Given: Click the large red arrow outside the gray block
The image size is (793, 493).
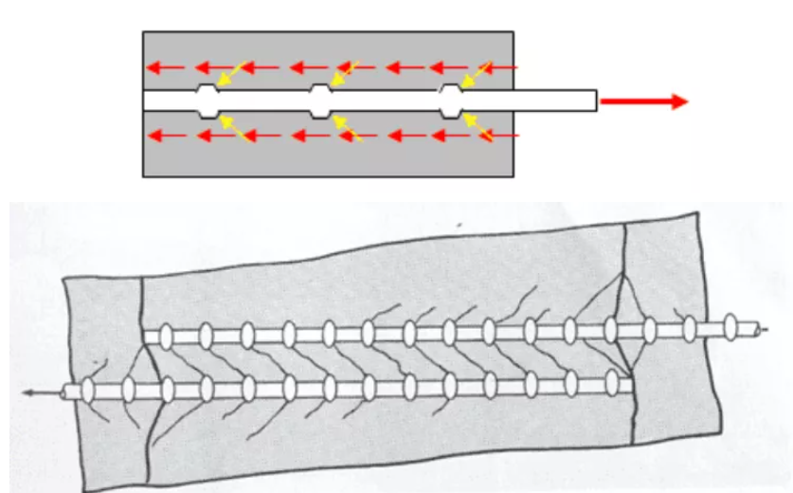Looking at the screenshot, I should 644,100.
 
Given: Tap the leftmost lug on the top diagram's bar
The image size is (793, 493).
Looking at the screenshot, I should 207,100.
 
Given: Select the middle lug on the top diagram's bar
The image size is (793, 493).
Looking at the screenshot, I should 321,100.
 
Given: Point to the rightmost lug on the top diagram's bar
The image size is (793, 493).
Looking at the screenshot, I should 452,100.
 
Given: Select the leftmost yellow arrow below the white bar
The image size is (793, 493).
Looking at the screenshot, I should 232,127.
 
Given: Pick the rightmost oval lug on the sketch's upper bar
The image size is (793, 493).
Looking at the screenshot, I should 731,328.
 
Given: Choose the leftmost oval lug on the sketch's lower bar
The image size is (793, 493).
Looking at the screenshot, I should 88,390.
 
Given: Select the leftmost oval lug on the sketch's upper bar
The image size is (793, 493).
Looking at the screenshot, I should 164,336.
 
